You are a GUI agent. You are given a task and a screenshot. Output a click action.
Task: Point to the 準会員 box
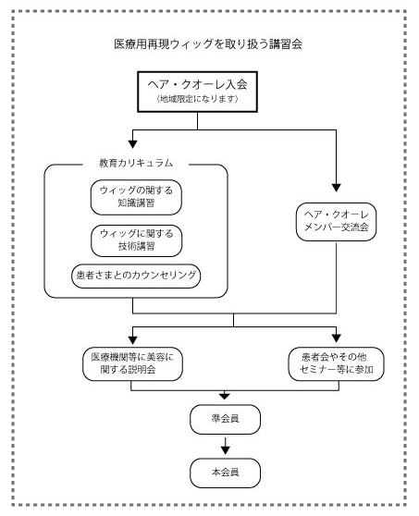pos(226,419)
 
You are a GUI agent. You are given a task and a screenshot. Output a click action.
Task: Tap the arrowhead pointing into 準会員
pos(226,397)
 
